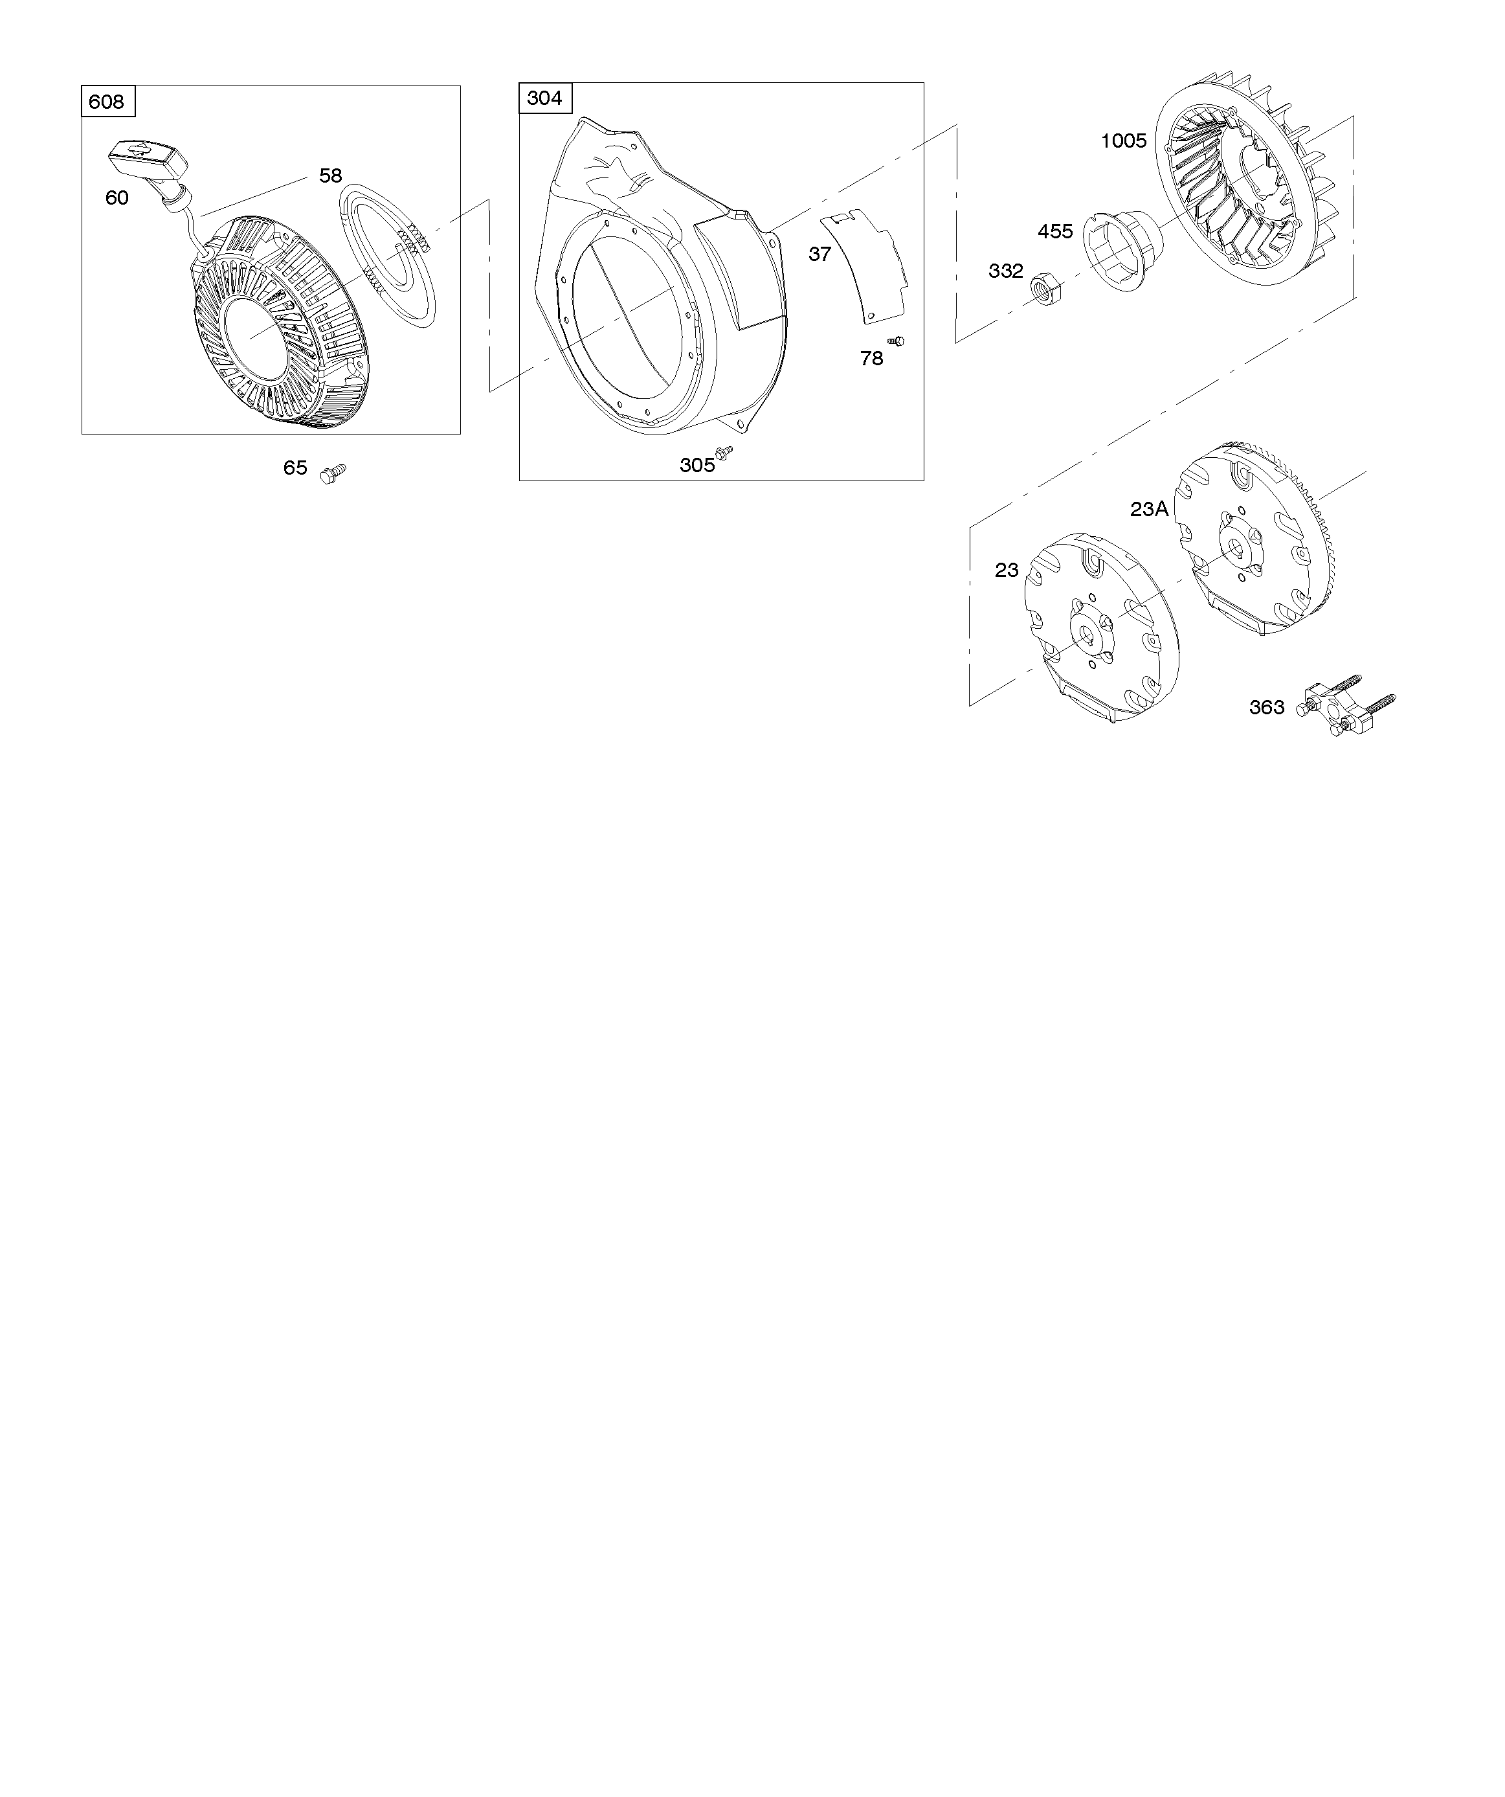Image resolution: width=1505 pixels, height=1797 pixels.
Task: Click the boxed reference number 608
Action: tap(107, 102)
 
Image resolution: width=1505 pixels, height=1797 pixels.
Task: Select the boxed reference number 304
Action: tap(545, 98)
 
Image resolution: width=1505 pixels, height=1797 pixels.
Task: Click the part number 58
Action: tap(330, 175)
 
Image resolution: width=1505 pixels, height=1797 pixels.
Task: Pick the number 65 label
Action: tap(295, 468)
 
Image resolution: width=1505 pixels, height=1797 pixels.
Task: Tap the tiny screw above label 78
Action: tap(896, 341)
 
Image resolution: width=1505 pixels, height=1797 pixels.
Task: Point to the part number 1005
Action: tap(1123, 141)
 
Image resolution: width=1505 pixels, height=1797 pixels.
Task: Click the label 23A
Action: tap(1149, 509)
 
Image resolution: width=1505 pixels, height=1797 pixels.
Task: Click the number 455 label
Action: tap(1055, 232)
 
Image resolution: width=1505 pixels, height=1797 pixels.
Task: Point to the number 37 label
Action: tap(819, 254)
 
